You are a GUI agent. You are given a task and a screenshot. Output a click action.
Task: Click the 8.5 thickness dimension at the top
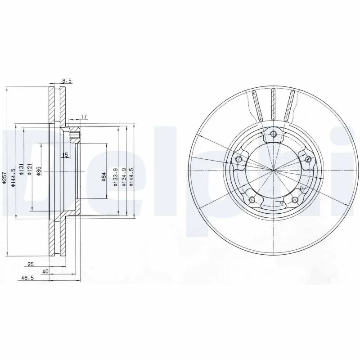tap(67, 81)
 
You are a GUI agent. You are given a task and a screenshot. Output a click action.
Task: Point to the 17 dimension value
tap(84, 117)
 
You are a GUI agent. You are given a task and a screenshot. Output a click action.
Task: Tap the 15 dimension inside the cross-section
tap(65, 155)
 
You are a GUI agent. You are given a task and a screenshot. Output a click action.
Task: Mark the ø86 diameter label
tap(39, 171)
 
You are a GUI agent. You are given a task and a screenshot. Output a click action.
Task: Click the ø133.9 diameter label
tap(116, 176)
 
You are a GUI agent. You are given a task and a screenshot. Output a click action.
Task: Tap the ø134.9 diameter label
tap(124, 176)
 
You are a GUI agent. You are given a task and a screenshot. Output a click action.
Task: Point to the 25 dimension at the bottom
tap(31, 264)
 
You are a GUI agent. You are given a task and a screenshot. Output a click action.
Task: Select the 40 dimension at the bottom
tap(45, 272)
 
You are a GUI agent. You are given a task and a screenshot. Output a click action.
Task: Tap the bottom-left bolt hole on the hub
tap(252, 200)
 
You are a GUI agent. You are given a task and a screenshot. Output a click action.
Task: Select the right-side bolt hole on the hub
tap(308, 158)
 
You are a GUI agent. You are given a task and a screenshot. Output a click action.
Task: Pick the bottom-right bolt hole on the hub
tap(295, 200)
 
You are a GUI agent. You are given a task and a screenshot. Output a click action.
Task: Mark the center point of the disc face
tap(274, 170)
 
